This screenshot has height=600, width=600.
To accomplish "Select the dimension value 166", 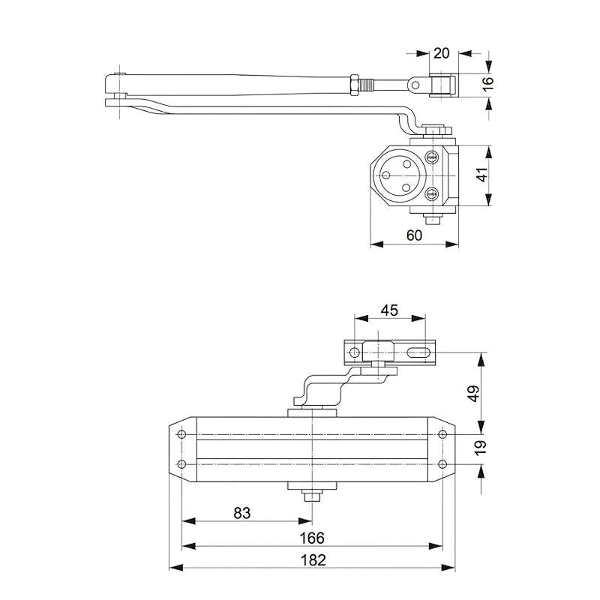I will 312,537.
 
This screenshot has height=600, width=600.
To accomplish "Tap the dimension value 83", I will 241,513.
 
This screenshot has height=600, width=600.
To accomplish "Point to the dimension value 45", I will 388,310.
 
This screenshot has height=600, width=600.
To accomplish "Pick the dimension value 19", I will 481,448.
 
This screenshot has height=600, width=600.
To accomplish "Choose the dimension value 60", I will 414,235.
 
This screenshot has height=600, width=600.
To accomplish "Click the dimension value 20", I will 441,53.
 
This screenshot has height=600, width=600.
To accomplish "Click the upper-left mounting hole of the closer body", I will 181,435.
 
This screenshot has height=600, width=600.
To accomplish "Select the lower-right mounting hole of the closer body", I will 442,464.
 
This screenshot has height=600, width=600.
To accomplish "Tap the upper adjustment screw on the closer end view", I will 431,157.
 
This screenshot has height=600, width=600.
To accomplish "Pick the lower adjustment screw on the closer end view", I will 431,195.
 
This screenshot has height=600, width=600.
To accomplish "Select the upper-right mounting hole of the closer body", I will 442,435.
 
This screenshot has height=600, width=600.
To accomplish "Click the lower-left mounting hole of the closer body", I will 181,464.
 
